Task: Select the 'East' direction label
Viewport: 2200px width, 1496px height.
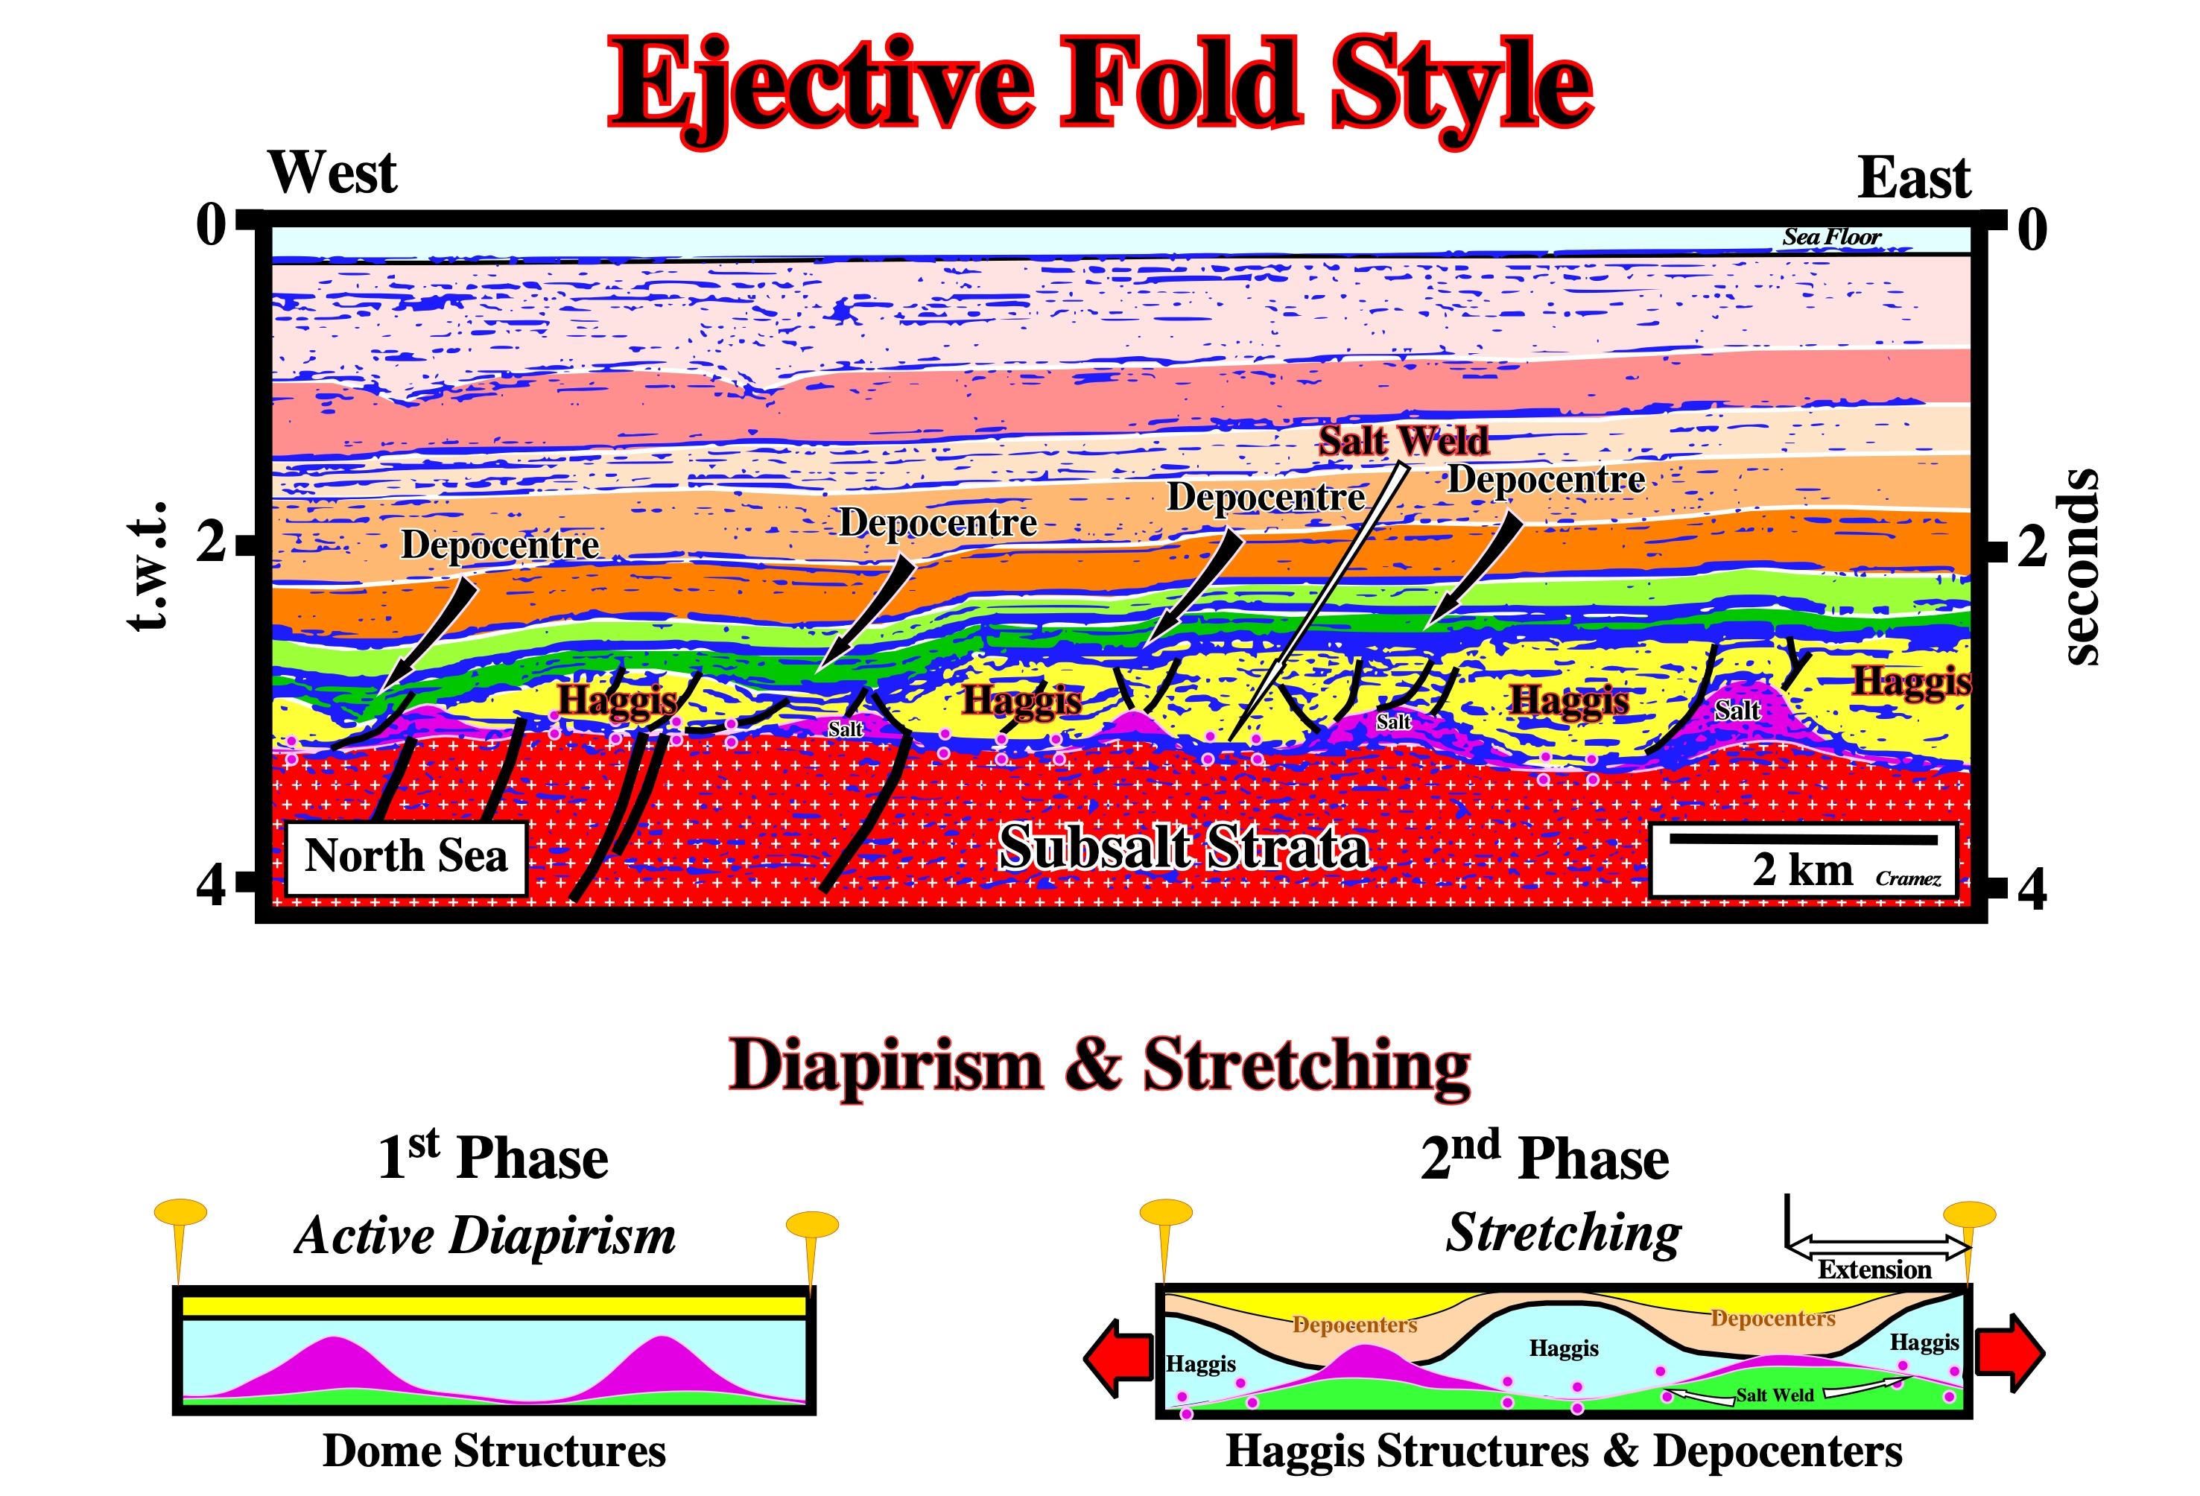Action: click(1913, 177)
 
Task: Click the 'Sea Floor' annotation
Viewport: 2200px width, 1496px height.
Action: click(1832, 237)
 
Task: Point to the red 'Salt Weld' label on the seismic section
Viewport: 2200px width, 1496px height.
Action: click(1404, 440)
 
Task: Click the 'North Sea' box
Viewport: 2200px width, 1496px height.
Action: click(406, 857)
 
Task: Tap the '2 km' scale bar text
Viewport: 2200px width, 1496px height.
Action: click(1801, 870)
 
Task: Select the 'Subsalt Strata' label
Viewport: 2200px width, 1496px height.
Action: click(1185, 846)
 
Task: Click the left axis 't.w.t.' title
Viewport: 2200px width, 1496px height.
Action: click(148, 566)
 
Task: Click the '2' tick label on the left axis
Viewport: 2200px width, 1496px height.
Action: click(210, 541)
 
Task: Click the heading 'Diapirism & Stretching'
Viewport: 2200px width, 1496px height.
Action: click(1100, 1065)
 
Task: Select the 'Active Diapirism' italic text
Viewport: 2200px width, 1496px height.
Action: click(486, 1236)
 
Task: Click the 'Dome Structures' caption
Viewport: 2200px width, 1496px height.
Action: click(494, 1451)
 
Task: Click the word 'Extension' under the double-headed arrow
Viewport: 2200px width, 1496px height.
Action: click(1874, 1270)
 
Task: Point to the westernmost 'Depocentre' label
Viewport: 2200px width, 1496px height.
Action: click(500, 545)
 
